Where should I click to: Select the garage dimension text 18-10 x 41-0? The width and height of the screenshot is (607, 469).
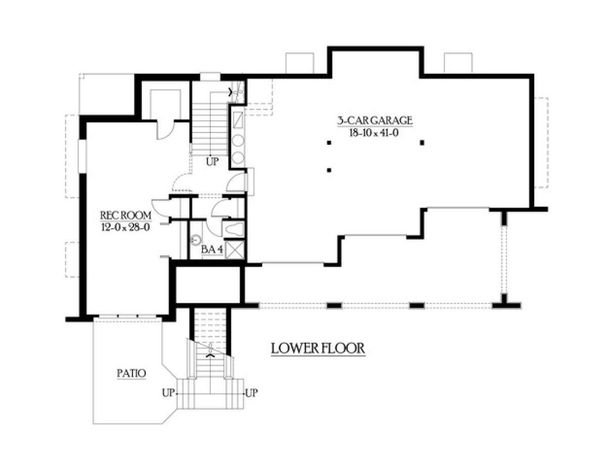click(375, 133)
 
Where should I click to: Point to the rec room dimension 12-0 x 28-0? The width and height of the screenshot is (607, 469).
click(126, 228)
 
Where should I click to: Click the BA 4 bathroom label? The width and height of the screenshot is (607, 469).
click(212, 249)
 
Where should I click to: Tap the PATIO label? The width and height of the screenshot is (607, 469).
click(132, 374)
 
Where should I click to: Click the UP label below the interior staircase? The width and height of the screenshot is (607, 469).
click(212, 162)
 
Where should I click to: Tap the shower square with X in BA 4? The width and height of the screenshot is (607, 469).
click(235, 250)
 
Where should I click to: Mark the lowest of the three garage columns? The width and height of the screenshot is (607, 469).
click(329, 170)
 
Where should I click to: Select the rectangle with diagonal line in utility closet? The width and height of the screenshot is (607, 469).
click(238, 120)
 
